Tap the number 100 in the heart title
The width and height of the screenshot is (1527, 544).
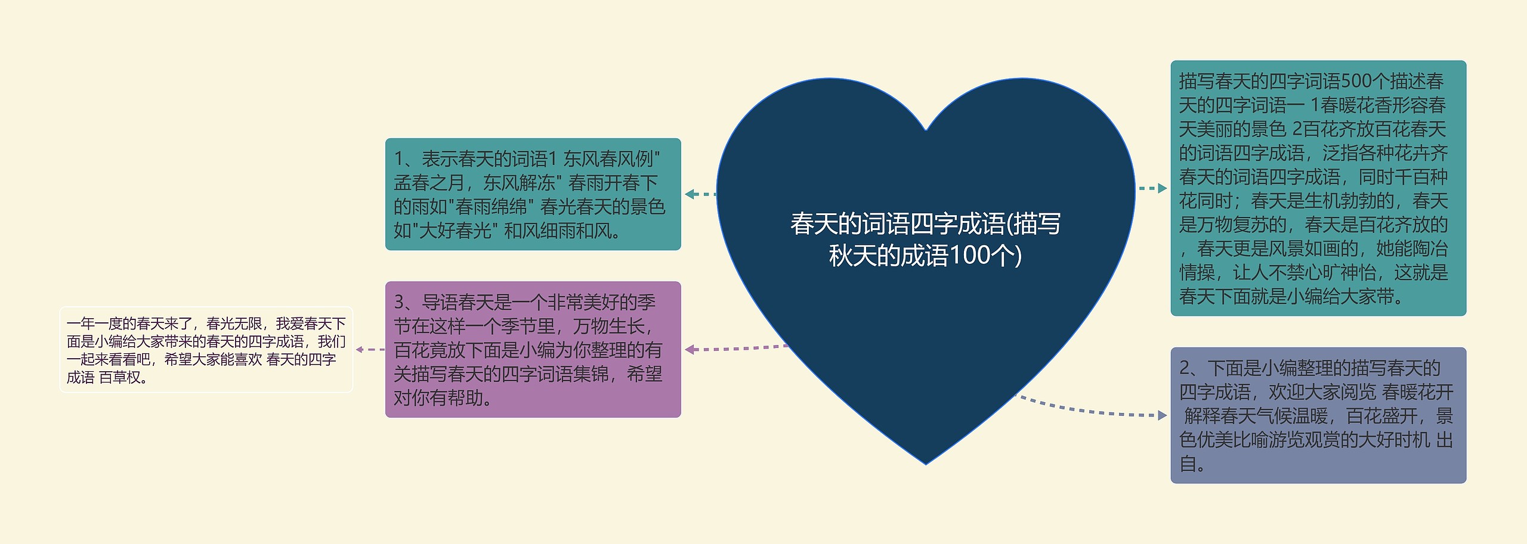(970, 256)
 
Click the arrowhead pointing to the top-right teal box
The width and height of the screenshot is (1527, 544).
(1162, 188)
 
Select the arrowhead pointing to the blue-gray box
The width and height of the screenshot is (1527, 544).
(1162, 415)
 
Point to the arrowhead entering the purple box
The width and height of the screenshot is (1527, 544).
(690, 350)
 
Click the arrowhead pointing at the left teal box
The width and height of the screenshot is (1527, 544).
(690, 194)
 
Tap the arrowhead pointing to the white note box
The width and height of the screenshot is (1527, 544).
(360, 350)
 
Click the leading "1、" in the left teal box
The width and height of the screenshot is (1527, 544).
(407, 159)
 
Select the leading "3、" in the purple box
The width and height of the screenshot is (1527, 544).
(407, 303)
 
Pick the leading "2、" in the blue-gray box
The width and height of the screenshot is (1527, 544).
(1192, 368)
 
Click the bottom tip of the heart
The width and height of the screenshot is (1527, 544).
(926, 463)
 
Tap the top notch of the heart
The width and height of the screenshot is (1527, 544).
(926, 129)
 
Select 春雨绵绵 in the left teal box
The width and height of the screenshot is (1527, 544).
(492, 207)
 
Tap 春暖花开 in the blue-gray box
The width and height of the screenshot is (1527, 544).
(1417, 392)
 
